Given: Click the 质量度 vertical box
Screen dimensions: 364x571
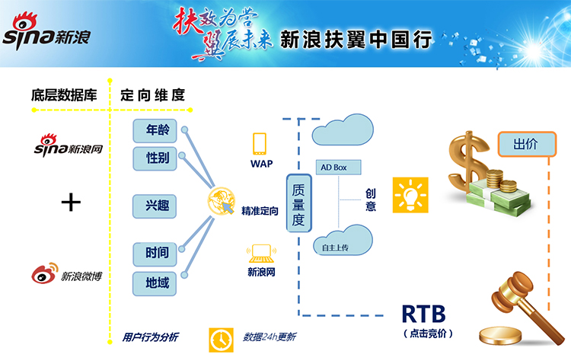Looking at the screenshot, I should tap(299, 203).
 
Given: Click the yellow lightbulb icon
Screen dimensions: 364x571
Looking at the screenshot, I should tap(408, 195).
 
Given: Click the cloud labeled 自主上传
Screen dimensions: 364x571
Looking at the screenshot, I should tap(340, 241).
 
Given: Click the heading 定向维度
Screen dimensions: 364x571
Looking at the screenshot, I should tap(152, 95).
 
